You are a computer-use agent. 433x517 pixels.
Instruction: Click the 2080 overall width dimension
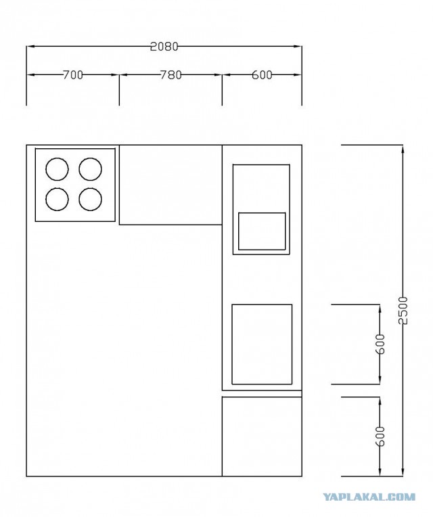click(x=164, y=47)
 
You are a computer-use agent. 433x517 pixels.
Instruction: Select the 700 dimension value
click(x=73, y=75)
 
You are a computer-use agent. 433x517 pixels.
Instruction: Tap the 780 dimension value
click(x=171, y=75)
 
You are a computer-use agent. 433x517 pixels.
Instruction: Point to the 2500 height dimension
click(x=403, y=310)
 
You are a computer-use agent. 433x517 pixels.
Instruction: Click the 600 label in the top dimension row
click(x=262, y=75)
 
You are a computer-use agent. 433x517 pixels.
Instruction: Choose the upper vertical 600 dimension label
click(x=380, y=344)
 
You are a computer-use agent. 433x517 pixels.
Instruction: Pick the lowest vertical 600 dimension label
click(x=380, y=436)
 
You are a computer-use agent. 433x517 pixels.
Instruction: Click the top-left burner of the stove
click(x=57, y=169)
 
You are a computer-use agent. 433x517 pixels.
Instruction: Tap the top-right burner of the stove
click(x=90, y=169)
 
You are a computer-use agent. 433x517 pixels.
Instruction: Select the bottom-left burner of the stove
click(x=57, y=199)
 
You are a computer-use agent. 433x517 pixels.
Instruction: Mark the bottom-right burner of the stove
click(x=90, y=199)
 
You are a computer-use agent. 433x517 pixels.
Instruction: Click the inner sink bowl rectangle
click(x=262, y=231)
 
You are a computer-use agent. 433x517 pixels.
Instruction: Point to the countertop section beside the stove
click(x=170, y=185)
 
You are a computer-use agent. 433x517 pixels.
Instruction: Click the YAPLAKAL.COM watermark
click(x=369, y=497)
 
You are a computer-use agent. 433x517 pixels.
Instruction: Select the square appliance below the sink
click(x=262, y=344)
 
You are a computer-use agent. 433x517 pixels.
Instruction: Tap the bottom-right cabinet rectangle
click(x=262, y=436)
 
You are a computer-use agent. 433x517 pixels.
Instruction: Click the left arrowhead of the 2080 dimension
click(x=30, y=47)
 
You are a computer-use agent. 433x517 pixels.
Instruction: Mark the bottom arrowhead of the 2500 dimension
click(x=403, y=472)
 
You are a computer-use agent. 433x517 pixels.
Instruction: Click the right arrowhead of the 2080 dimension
click(x=298, y=47)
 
